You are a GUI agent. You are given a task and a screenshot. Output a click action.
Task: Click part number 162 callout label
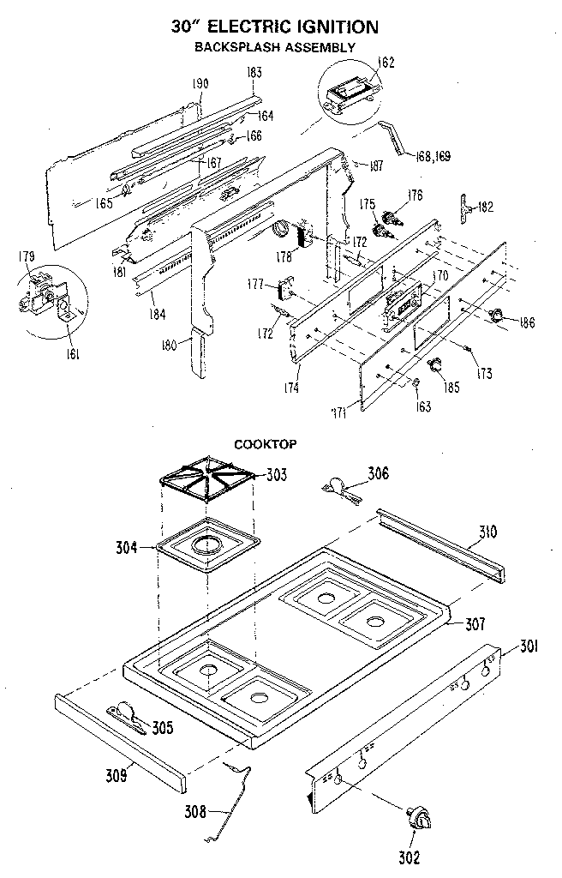click(386, 62)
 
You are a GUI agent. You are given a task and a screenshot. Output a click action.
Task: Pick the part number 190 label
click(200, 83)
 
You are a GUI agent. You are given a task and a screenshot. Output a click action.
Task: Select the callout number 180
click(169, 345)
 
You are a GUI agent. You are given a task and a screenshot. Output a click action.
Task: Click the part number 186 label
click(526, 322)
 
